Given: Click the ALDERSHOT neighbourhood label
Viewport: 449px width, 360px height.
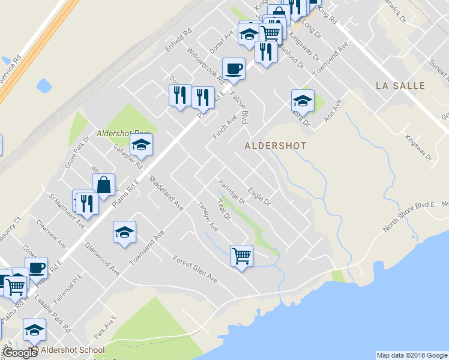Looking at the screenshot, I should point(276,146).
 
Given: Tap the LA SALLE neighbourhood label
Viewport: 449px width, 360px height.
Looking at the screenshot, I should point(400,86).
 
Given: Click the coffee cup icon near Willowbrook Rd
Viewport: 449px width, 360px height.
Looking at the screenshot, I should point(234,68).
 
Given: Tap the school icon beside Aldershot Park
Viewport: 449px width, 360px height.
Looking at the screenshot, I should point(141,144).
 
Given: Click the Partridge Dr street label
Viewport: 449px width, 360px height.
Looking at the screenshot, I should point(232,193).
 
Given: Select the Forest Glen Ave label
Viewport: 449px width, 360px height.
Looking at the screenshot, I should point(195,269).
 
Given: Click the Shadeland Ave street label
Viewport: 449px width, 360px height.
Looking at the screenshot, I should point(166,192).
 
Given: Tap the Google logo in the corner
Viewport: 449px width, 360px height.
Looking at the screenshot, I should point(20,353).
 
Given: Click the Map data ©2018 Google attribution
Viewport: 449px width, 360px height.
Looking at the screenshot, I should point(412,355).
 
